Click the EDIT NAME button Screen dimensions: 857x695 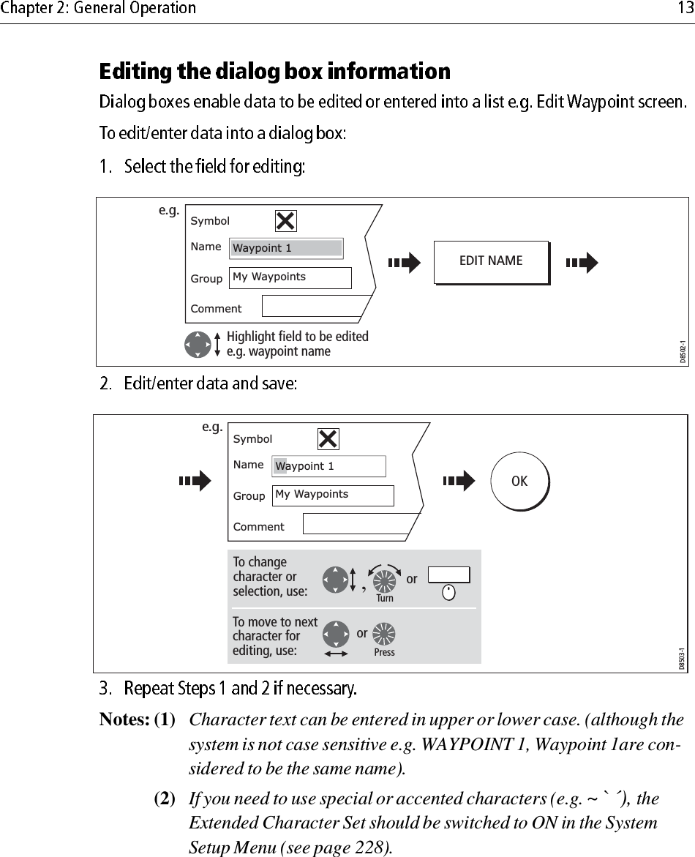(490, 261)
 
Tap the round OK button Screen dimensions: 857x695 (519, 482)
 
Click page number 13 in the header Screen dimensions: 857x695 (683, 9)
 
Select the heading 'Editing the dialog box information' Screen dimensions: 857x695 (274, 72)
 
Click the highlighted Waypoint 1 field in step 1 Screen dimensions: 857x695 (286, 248)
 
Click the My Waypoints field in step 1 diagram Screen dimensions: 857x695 (290, 277)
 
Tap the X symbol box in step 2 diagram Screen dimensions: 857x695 (328, 438)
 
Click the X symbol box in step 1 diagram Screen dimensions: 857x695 (285, 220)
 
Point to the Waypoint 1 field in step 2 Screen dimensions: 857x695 (329, 466)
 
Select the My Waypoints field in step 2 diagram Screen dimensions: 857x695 (333, 495)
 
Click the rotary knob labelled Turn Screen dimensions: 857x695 (384, 580)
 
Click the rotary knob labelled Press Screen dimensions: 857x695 (384, 633)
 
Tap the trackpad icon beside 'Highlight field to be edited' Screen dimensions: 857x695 (198, 343)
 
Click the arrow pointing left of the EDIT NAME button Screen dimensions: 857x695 (405, 262)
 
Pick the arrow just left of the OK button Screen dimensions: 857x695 (459, 481)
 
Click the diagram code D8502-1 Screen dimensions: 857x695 (682, 352)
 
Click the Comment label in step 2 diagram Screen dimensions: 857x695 (258, 527)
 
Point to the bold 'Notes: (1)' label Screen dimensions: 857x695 (138, 720)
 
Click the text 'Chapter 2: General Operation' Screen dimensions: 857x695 (99, 9)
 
